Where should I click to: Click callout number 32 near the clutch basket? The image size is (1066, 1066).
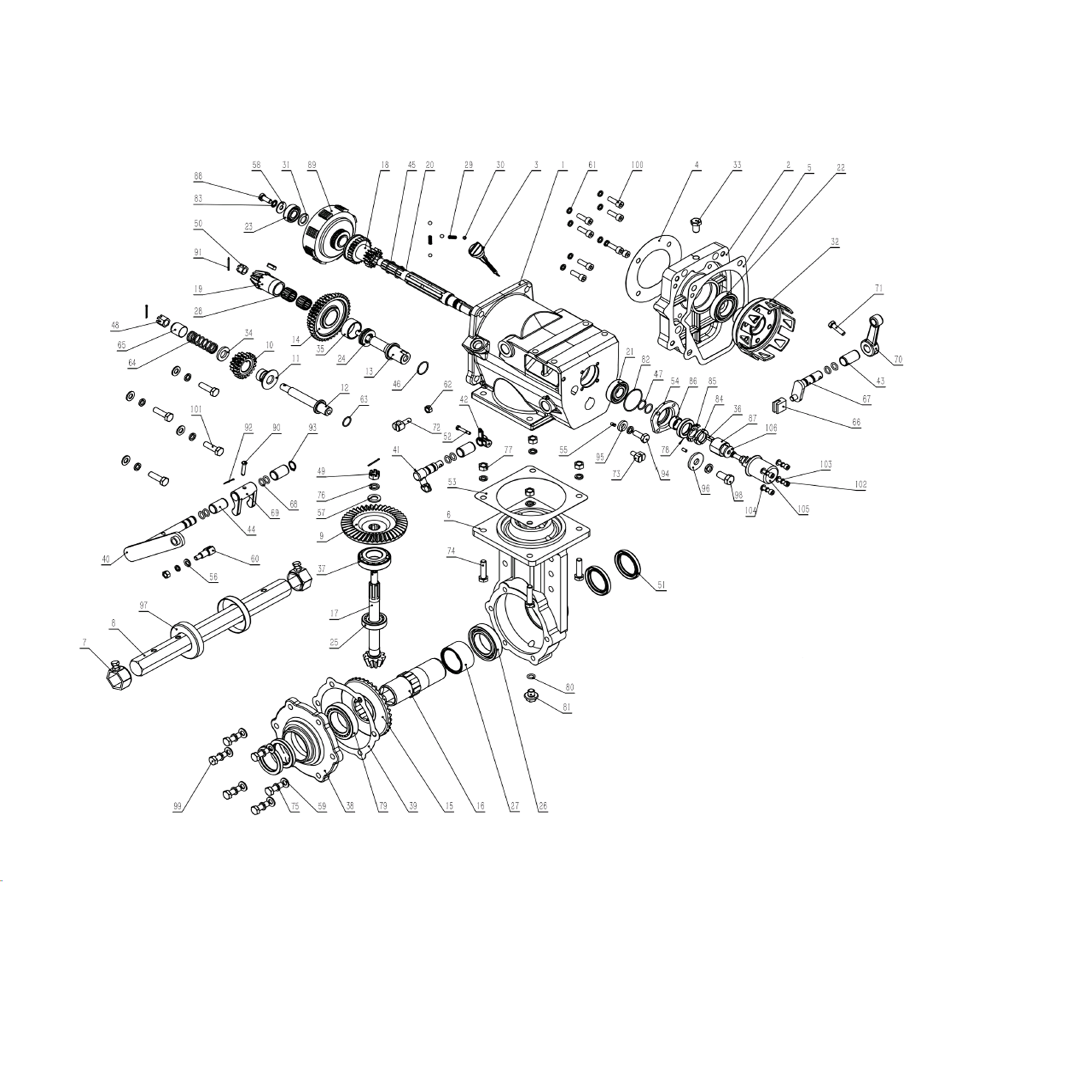coord(834,242)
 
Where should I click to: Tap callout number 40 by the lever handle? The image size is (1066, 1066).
coord(106,559)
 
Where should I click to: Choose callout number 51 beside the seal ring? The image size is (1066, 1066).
coord(661,585)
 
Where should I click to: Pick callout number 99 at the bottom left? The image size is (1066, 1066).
coord(177,806)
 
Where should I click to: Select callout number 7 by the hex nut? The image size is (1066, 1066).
coord(84,642)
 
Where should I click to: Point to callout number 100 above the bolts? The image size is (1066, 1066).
coord(637,165)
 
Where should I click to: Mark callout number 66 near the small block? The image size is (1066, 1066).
coord(856,423)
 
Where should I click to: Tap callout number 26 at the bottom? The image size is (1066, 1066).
coord(542,806)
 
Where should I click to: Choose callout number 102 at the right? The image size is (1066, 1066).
coord(860,485)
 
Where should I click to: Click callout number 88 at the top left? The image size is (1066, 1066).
coord(198,177)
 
